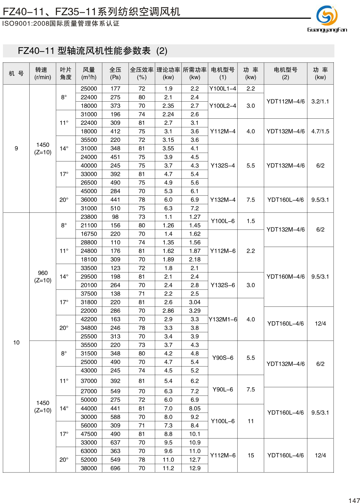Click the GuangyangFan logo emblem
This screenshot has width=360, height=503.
[327, 15]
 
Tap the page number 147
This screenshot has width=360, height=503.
[354, 500]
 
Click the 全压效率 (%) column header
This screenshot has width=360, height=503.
[142, 74]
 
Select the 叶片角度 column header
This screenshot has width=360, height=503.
[66, 74]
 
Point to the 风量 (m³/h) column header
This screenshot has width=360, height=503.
[89, 74]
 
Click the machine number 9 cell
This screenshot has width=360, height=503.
[16, 148]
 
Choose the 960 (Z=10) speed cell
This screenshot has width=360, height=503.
[43, 277]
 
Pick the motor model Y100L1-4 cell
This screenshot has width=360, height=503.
[223, 89]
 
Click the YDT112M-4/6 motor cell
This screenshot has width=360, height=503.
[285, 102]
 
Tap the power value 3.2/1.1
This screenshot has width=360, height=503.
[320, 102]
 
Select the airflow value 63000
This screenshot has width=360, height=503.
[89, 451]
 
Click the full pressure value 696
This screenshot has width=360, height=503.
[115, 468]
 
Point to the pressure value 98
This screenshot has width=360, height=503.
[115, 217]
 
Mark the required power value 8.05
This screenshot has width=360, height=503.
[195, 408]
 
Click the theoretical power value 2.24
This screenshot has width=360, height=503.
[168, 114]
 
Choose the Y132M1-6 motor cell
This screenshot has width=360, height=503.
[223, 319]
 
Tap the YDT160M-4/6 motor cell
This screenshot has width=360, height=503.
[285, 277]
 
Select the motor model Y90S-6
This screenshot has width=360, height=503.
[223, 358]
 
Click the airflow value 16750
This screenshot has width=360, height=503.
[89, 234]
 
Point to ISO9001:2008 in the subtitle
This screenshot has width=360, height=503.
[26, 24]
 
